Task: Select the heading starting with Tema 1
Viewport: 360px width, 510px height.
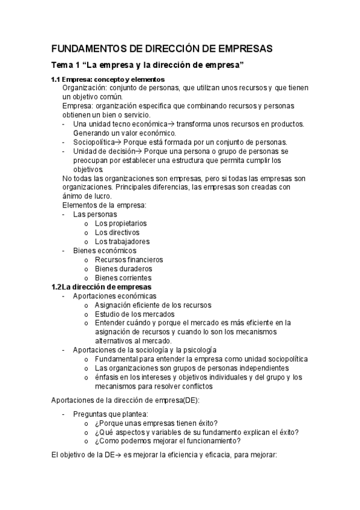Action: click(x=147, y=65)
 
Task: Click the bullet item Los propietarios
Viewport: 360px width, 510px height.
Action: click(x=121, y=223)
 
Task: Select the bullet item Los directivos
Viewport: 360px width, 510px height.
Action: click(x=117, y=232)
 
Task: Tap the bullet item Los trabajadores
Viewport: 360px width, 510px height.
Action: click(x=122, y=241)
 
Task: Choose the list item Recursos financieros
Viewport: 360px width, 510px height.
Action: click(x=129, y=260)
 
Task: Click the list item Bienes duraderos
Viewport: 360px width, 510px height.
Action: click(x=123, y=269)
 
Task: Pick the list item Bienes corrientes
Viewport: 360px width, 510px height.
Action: click(x=123, y=278)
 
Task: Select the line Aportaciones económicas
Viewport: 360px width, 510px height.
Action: click(x=114, y=296)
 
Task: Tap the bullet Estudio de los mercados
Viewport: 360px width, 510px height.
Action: click(x=135, y=314)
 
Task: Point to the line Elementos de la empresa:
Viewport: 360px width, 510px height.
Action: click(x=105, y=205)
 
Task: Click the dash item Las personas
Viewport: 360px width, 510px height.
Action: click(x=95, y=214)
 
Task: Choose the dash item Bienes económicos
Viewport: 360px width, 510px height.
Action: click(x=105, y=251)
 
